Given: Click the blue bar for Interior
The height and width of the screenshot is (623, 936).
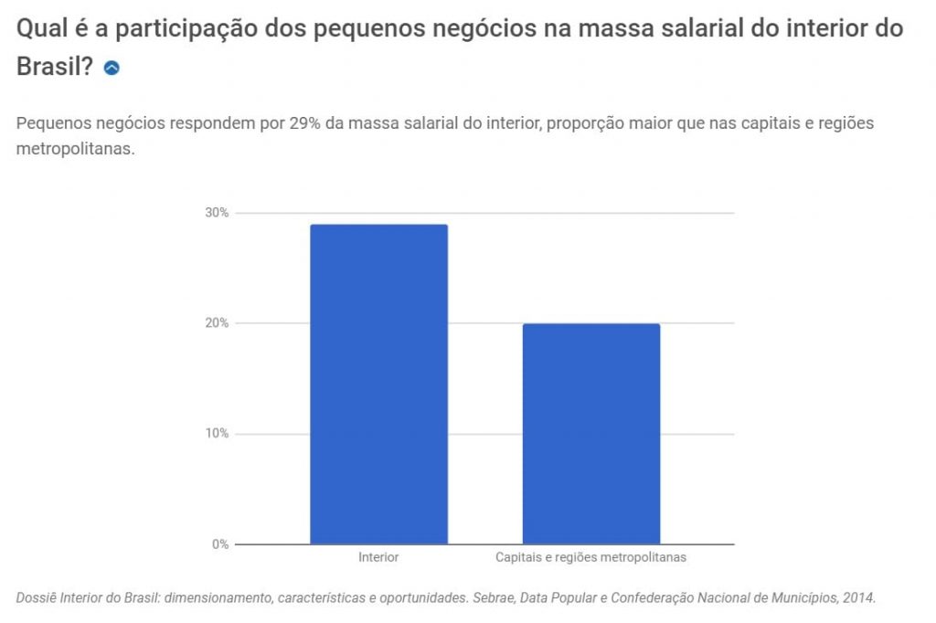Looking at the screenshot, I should [378, 384].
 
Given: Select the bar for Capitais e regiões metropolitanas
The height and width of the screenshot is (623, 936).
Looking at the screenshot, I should [590, 434].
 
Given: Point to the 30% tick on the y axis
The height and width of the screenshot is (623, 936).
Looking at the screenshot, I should [217, 213].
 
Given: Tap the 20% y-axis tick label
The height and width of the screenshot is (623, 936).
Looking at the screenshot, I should [217, 323].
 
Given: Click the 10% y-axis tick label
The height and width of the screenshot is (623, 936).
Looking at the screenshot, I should [217, 434].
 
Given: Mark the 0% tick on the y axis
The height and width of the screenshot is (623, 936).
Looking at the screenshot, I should [220, 544].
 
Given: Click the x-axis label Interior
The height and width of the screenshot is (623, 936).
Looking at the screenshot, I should [378, 556].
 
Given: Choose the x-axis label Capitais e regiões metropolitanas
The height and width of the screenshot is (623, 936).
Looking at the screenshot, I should [590, 556].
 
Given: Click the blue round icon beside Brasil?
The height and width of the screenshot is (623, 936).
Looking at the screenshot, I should [112, 68].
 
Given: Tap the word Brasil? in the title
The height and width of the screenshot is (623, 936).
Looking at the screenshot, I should [55, 67].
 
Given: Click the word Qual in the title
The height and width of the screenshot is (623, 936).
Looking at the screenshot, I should [39, 28].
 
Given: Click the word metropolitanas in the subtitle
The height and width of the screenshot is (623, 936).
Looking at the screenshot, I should [75, 149].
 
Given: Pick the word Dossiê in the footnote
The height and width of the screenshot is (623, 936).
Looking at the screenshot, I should [36, 598].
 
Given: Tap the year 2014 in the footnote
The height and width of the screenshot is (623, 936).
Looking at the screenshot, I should [858, 598].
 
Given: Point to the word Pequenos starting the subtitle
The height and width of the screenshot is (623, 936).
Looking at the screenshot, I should [49, 123].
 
